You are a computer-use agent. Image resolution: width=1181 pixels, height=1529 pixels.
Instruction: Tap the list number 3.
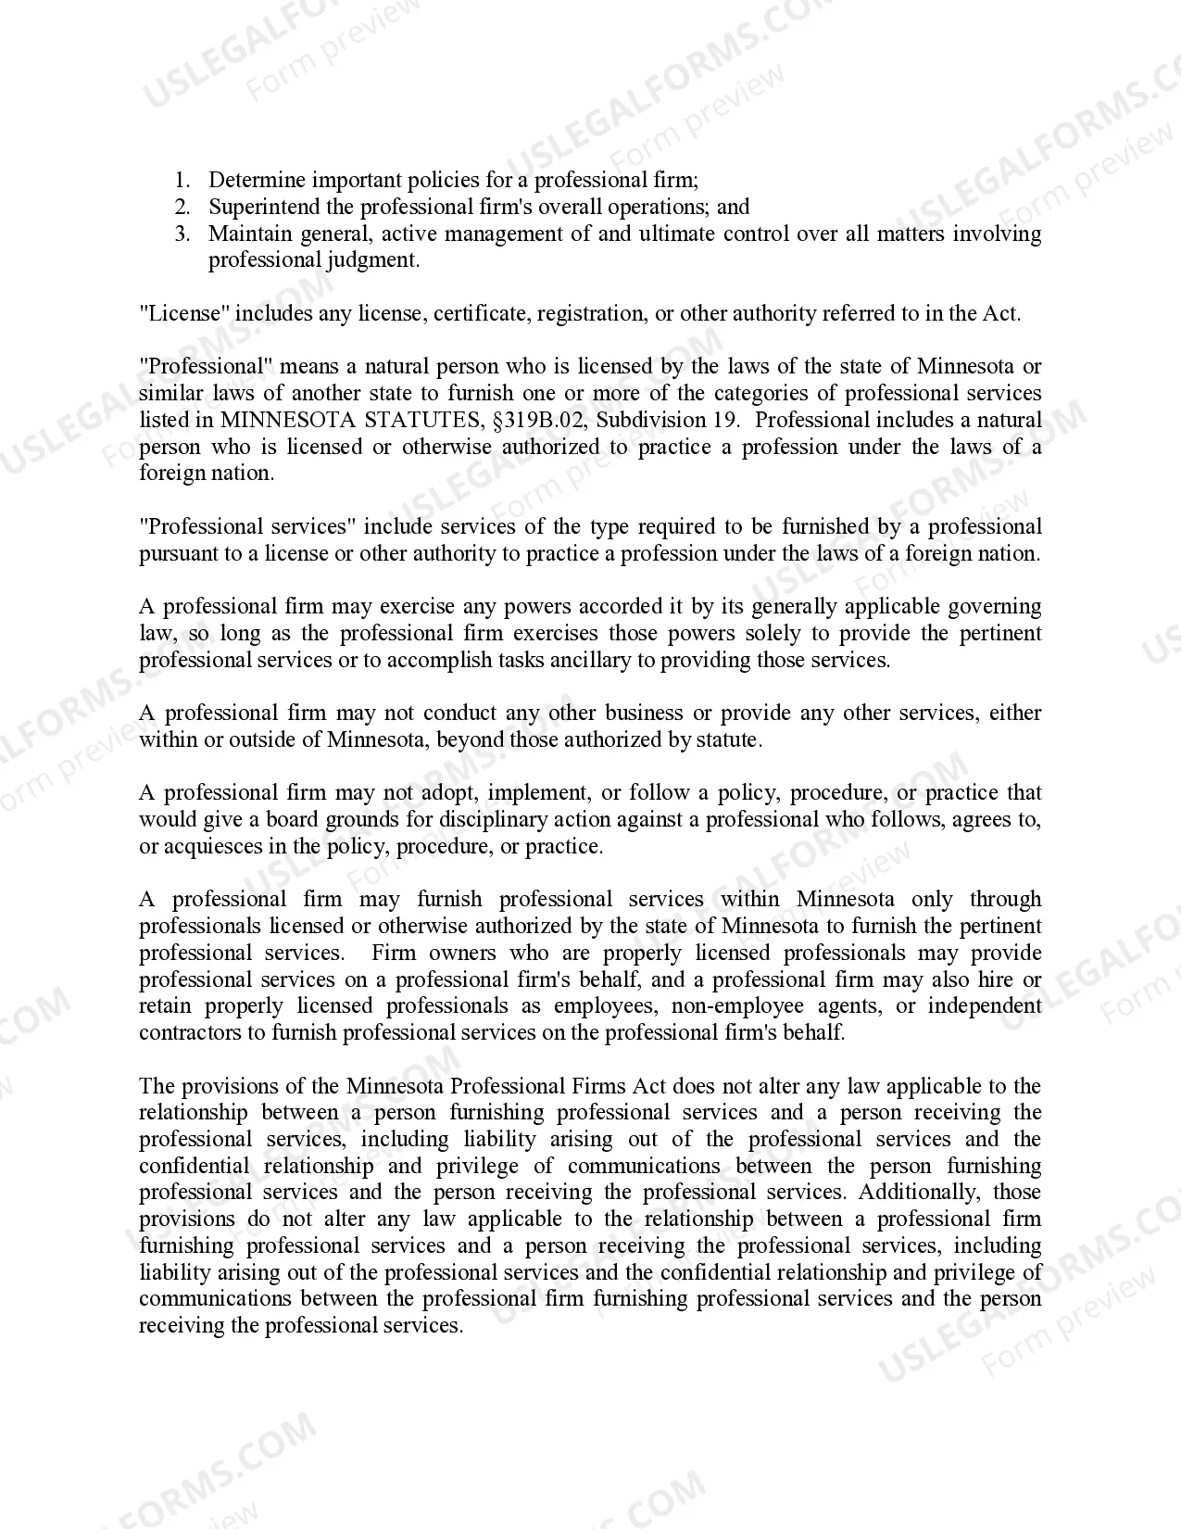[x=182, y=234]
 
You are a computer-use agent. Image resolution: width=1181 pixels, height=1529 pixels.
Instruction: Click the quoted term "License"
[x=183, y=313]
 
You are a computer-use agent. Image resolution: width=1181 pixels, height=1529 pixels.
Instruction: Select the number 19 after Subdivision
[x=725, y=420]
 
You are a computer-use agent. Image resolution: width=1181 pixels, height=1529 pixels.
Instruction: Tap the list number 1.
[x=182, y=180]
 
